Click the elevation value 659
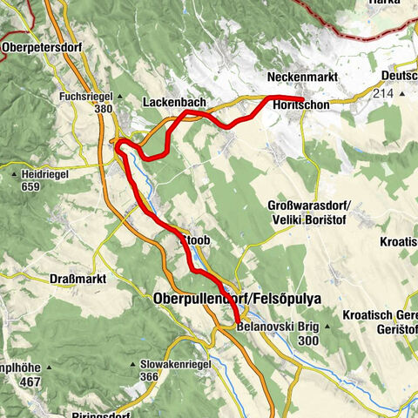(x=32, y=186)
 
